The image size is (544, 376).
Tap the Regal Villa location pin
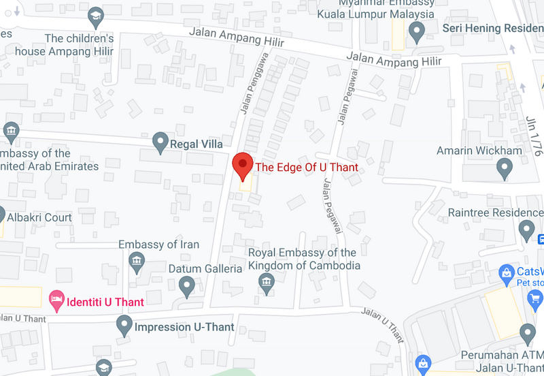pyautogui.click(x=160, y=142)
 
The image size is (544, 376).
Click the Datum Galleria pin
pyautogui.click(x=187, y=285)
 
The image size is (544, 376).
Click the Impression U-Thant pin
pyautogui.click(x=124, y=325)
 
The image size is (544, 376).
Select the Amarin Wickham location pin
pyautogui.click(x=505, y=166)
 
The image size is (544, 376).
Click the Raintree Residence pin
pyautogui.click(x=527, y=229)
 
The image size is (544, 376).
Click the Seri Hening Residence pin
pyautogui.click(x=416, y=31)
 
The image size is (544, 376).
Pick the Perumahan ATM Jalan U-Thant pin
pyautogui.click(x=527, y=334)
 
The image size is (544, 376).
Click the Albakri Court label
pyautogui.click(x=39, y=218)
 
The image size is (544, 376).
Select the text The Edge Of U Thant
pyautogui.click(x=306, y=167)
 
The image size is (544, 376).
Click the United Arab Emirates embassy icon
pyautogui.click(x=10, y=129)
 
